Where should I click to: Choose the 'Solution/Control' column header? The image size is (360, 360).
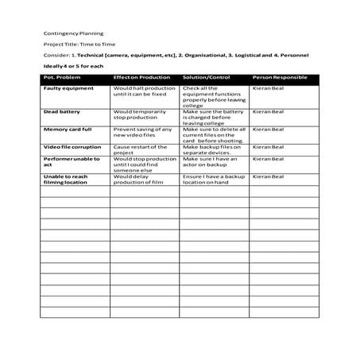(x=206, y=78)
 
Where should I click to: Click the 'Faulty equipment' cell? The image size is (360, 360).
(x=68, y=88)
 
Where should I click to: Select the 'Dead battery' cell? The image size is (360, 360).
(x=62, y=112)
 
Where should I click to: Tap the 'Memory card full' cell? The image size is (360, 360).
(x=68, y=130)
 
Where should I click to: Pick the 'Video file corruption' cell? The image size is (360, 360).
(x=72, y=147)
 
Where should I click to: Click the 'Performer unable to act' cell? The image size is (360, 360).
(x=72, y=162)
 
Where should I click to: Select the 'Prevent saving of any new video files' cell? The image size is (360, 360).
(x=143, y=133)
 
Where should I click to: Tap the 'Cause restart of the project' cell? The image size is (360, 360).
(x=140, y=150)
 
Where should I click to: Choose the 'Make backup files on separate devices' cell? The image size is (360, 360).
(x=211, y=150)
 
